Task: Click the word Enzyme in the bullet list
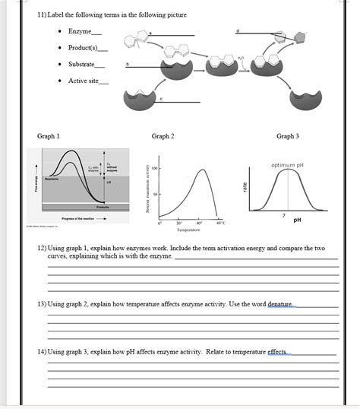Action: tap(79, 31)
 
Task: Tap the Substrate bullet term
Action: tap(81, 64)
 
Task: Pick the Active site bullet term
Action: tap(84, 81)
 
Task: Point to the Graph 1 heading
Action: tap(49, 136)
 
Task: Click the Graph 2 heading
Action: tap(163, 136)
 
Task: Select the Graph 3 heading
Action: tap(287, 136)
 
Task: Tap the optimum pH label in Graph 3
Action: tap(287, 165)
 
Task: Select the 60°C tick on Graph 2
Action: tap(220, 223)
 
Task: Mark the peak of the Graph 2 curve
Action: tap(203, 170)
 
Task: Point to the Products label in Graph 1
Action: tap(102, 207)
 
